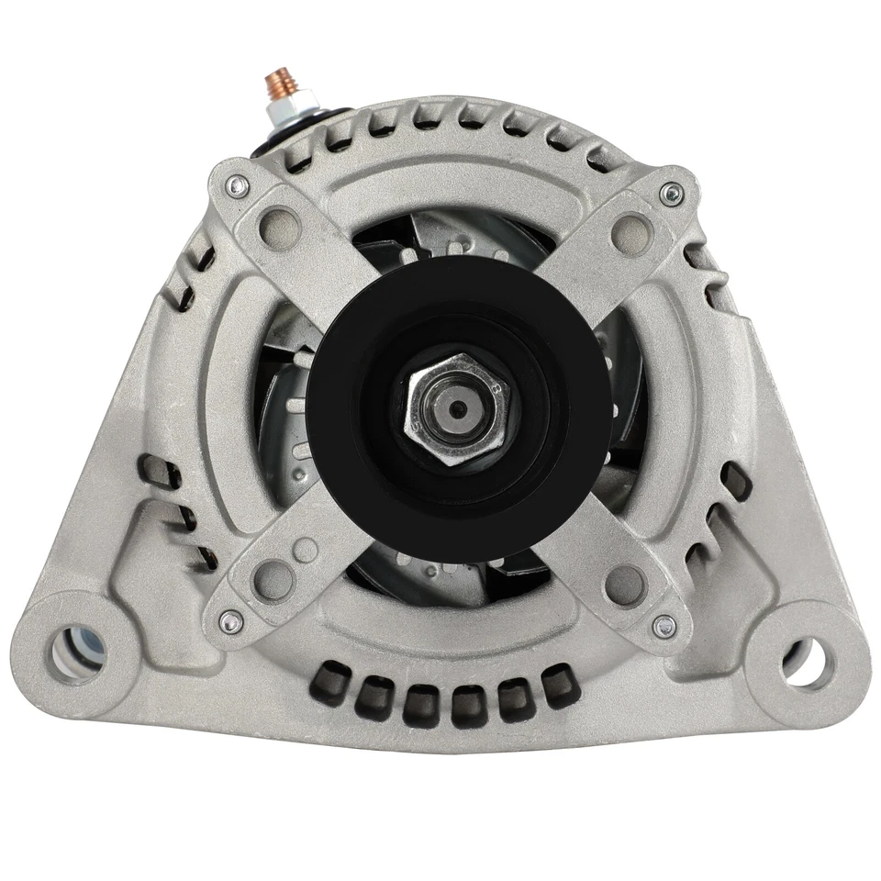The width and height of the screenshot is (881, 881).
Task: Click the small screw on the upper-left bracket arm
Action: tap(239, 186)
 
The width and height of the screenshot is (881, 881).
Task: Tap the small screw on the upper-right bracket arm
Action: tap(673, 193)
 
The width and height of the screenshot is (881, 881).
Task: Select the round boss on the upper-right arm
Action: tap(631, 228)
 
